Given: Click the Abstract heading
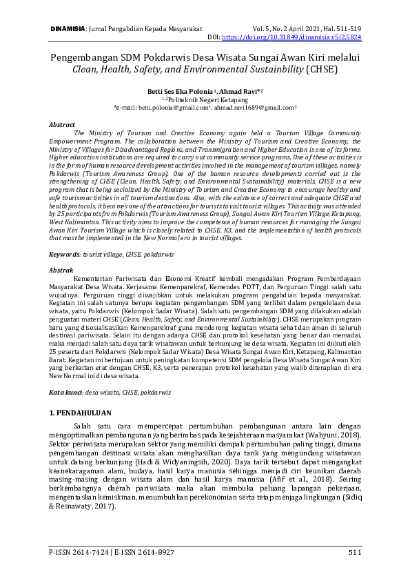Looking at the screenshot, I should point(61,124).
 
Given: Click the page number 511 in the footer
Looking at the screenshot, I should point(354,552).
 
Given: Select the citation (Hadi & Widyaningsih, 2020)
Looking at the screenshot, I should point(170,457).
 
